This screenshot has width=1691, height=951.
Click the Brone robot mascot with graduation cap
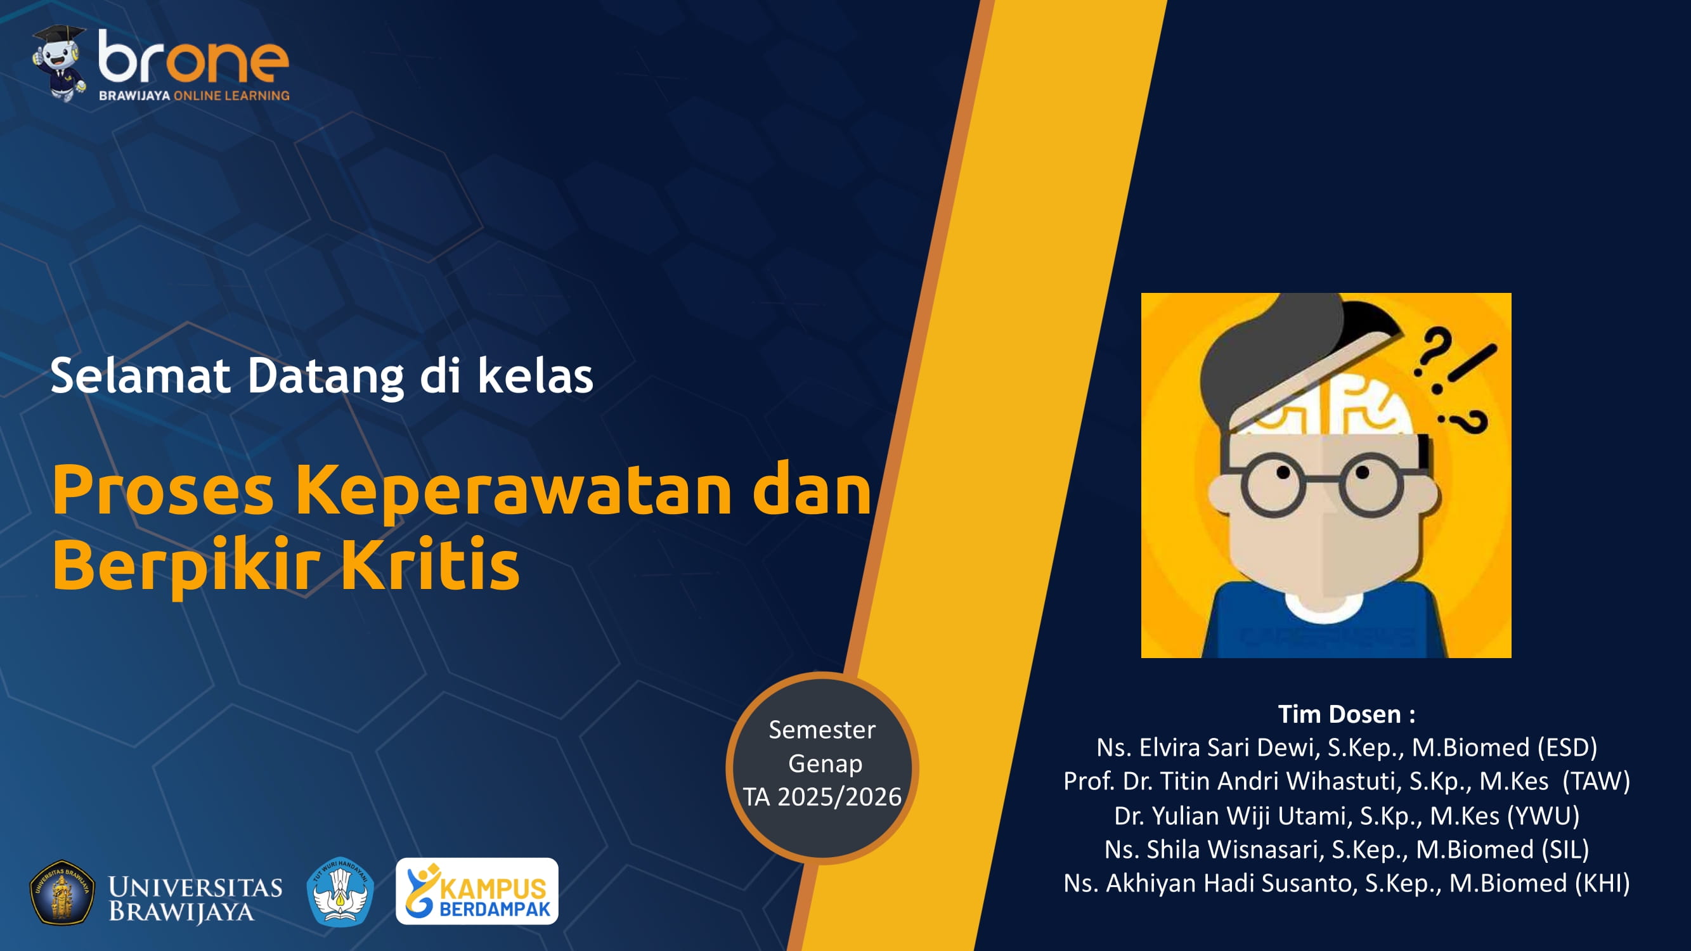[60, 63]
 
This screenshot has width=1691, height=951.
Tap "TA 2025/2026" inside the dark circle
[822, 797]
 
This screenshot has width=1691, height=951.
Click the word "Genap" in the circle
[824, 763]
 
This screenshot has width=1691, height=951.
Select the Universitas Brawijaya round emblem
[62, 892]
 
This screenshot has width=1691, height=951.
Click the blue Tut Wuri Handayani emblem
[340, 891]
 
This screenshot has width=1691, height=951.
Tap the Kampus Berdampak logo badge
[477, 891]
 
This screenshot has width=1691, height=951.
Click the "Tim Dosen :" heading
[1345, 714]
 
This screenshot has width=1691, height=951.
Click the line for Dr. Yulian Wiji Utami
[1345, 816]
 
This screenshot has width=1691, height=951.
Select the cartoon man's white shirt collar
[1321, 608]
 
